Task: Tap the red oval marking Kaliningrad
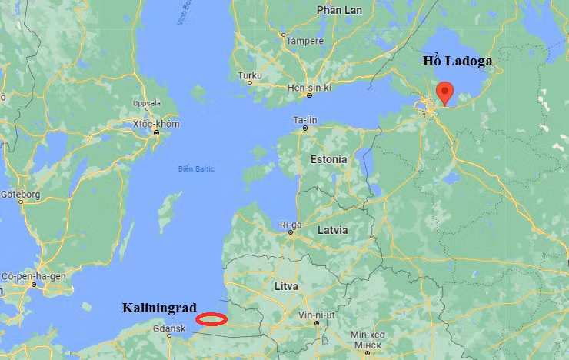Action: click(x=211, y=318)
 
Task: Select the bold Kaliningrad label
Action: click(x=159, y=308)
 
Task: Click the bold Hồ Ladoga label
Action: click(x=458, y=60)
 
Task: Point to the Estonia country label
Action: click(x=328, y=159)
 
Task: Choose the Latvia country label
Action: click(x=332, y=230)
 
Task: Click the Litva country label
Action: click(x=285, y=286)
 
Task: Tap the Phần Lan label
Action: click(x=338, y=9)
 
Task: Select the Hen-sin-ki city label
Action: click(x=308, y=88)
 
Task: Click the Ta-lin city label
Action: click(x=305, y=120)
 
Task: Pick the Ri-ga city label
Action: click(x=291, y=225)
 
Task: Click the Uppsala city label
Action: click(x=147, y=102)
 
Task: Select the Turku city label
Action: click(x=250, y=75)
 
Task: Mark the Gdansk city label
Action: click(x=166, y=329)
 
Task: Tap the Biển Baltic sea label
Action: click(x=196, y=168)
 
